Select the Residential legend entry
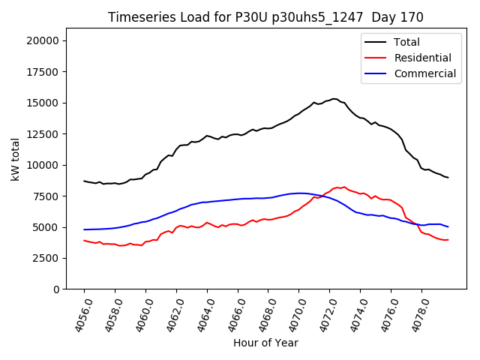click(x=423, y=58)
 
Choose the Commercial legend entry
click(x=424, y=73)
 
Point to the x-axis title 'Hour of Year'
click(x=265, y=343)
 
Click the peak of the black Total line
click(x=334, y=98)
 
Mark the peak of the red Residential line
click(x=344, y=187)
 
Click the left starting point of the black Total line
click(x=84, y=181)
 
